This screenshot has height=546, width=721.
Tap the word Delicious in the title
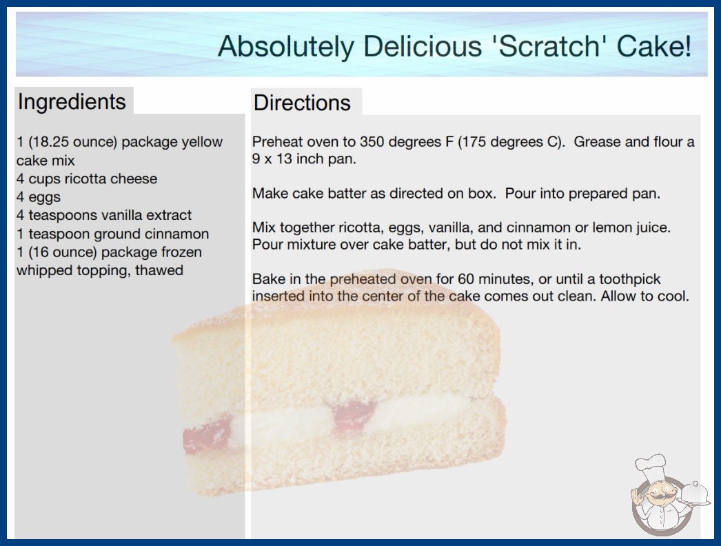[423, 46]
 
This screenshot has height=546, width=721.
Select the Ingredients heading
[72, 102]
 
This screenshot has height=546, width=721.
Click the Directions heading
[302, 103]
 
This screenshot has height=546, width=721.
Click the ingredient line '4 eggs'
[38, 197]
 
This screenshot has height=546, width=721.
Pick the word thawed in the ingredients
[159, 270]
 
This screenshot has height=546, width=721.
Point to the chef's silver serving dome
[694, 494]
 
